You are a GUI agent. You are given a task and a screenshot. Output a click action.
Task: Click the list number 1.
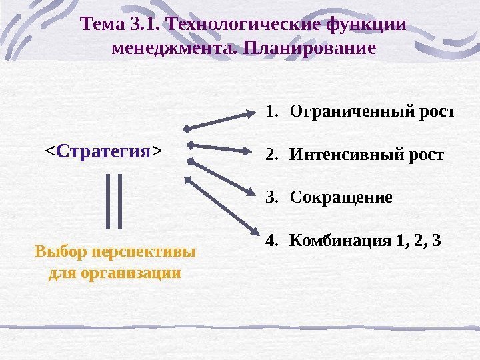[x=269, y=111]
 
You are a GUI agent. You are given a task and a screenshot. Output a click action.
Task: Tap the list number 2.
[x=269, y=155]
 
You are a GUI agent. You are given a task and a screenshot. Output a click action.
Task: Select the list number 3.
[x=269, y=199]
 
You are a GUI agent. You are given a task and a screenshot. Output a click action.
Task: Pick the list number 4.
[x=269, y=241]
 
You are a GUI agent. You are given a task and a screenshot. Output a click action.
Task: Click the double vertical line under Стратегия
[x=115, y=200]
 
